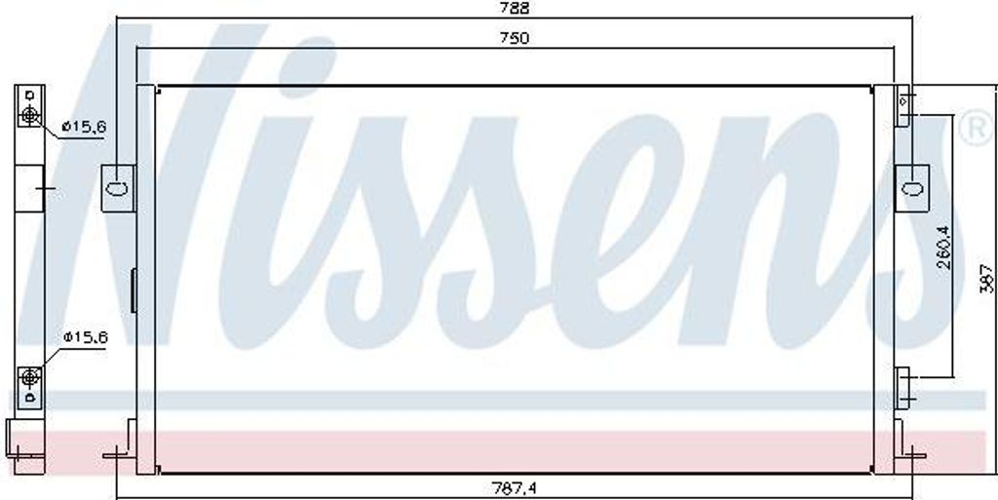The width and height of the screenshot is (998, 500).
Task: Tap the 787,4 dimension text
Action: pyautogui.click(x=516, y=488)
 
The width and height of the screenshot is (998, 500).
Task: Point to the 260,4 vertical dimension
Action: pyautogui.click(x=943, y=249)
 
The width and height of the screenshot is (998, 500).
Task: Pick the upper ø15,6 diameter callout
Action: pyautogui.click(x=84, y=128)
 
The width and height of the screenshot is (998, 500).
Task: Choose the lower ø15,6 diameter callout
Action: pyautogui.click(x=86, y=337)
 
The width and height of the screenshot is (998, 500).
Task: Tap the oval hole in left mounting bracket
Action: pyautogui.click(x=118, y=188)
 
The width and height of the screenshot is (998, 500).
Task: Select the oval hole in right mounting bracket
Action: pyautogui.click(x=912, y=188)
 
